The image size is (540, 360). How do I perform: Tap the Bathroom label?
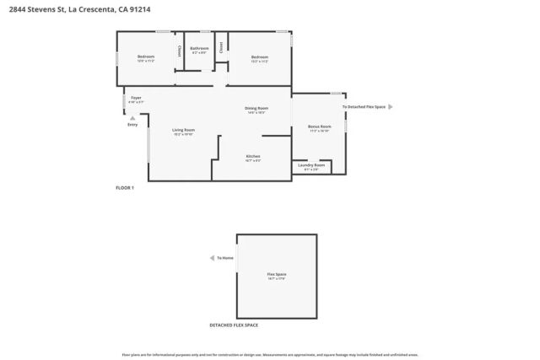coord(199,49)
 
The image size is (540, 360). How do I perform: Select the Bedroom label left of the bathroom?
coord(146,56)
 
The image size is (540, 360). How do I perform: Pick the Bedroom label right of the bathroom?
coord(259,57)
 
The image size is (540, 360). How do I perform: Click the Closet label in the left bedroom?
coord(179,51)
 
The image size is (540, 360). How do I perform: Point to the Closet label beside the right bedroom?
coord(221,48)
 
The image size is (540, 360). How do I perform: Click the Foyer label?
coord(136,98)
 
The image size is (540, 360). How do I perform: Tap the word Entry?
coord(132,125)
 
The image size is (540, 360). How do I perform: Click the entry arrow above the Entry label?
coord(132,117)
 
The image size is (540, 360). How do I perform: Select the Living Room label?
coord(183,130)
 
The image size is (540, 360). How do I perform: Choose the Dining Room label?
coord(256,108)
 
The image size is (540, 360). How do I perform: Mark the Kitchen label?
coord(253,157)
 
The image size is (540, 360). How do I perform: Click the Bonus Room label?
coord(319,126)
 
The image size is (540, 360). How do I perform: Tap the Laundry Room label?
coord(311,165)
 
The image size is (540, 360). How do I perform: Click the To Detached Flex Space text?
coord(364,107)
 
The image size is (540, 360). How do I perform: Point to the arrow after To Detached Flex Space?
coord(390,107)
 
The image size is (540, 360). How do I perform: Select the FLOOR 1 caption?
coord(125,187)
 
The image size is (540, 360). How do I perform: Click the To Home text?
coord(225,258)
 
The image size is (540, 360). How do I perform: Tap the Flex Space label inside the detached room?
coord(276,275)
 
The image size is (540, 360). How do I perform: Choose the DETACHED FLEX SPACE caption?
coord(234,325)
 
